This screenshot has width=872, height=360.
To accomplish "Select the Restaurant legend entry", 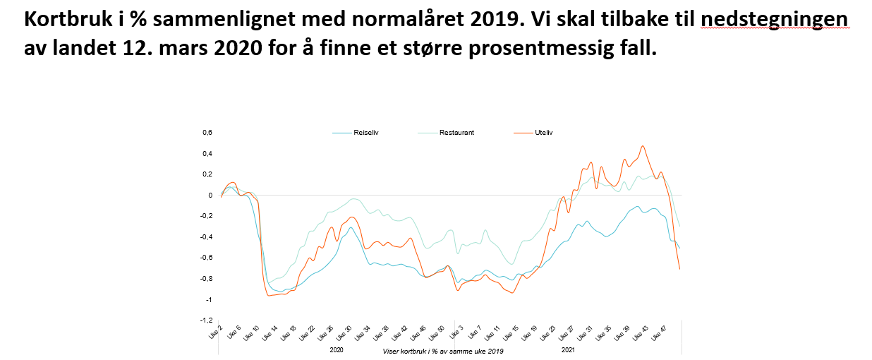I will pos(456,132).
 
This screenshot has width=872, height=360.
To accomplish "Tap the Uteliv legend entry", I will pos(543,132).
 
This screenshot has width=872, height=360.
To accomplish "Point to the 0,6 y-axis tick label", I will pos(207,133).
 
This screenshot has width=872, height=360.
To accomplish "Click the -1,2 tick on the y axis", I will pos(206,320).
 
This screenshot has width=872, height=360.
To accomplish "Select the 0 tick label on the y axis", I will pos(210,196).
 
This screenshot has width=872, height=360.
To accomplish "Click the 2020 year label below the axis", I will pos(337,349).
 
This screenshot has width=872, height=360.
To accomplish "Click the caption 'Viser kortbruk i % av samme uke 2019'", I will pos(443,351).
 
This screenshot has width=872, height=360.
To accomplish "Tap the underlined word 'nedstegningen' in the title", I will pos(775,19).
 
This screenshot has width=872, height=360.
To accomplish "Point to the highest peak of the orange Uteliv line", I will pos(642,146).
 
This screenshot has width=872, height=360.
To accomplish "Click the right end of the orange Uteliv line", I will pos(679,269).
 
